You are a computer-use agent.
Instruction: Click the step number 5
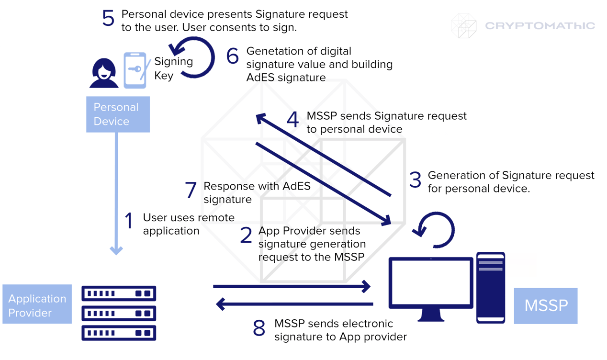tap(108, 19)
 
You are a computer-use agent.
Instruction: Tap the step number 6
tap(233, 56)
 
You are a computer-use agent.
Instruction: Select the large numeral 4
tap(292, 120)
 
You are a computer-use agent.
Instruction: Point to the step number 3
tap(415, 180)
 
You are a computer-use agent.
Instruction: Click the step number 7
tap(191, 190)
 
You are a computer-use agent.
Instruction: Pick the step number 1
tap(128, 221)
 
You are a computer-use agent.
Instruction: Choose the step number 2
tap(246, 235)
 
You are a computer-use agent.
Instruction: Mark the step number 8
tap(259, 328)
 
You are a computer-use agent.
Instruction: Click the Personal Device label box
tap(118, 114)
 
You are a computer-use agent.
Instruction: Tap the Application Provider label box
tap(37, 304)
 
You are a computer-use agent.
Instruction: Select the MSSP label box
tap(546, 306)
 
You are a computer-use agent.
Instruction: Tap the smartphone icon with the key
tap(135, 70)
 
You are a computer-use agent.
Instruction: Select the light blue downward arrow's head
tap(116, 250)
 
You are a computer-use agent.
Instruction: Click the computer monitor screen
tap(430, 283)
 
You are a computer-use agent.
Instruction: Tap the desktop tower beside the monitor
tap(491, 287)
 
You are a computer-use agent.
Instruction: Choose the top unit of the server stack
tap(119, 293)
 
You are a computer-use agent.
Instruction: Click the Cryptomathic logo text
tap(540, 26)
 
